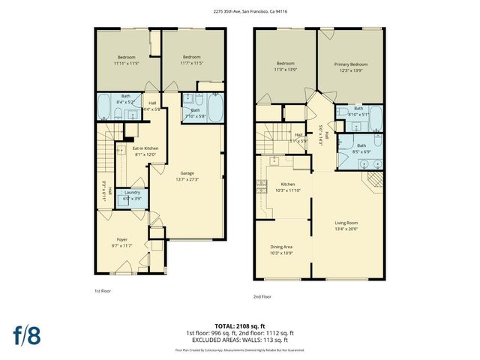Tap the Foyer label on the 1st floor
[x=121, y=240]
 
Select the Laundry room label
[x=133, y=193]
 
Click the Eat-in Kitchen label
[x=145, y=148]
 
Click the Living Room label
[x=346, y=223]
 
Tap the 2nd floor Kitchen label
[x=288, y=184]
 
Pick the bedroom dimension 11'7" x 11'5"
[x=192, y=64]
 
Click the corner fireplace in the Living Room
[x=372, y=181]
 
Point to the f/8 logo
[x=25, y=334]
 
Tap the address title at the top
[x=240, y=11]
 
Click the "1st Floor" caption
[x=103, y=289]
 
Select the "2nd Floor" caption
[x=262, y=296]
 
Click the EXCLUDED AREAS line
[x=240, y=339]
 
